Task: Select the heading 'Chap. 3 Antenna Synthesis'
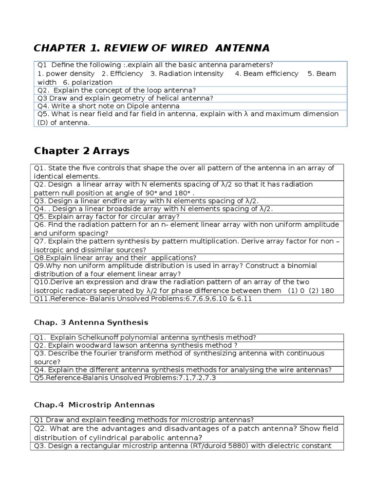[91, 322]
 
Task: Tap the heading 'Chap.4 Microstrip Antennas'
[94, 404]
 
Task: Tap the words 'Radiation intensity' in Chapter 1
[187, 73]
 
